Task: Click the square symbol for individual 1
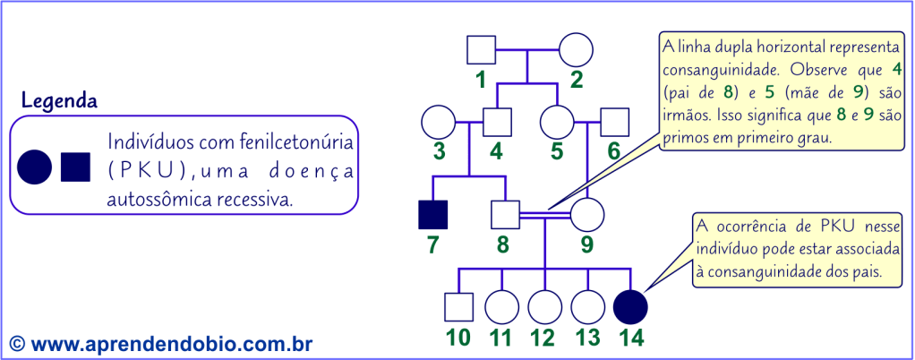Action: (x=482, y=50)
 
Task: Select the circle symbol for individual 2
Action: (x=576, y=50)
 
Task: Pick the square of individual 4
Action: (x=496, y=121)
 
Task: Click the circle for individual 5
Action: (x=557, y=121)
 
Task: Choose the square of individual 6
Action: (x=613, y=121)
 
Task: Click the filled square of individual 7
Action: (x=433, y=215)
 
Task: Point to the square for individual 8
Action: (x=506, y=215)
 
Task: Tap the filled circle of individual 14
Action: (x=631, y=307)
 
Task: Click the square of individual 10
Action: (x=458, y=307)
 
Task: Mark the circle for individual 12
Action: (x=543, y=307)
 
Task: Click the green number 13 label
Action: (x=586, y=339)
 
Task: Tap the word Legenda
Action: (x=59, y=100)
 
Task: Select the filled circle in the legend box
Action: (x=34, y=166)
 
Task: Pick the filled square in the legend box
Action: (x=75, y=166)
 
